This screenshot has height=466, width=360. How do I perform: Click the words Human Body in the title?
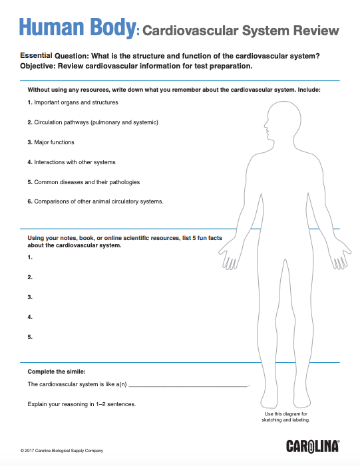click(77, 28)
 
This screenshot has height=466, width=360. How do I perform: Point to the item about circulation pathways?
click(92, 122)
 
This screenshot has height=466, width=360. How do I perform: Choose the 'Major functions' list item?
click(51, 142)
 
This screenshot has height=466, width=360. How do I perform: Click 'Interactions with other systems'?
click(71, 162)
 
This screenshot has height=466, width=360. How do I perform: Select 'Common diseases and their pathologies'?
click(83, 182)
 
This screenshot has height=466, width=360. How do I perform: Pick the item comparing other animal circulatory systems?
click(95, 201)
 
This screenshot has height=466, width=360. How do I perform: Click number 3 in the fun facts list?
click(30, 297)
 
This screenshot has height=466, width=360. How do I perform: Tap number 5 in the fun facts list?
click(30, 337)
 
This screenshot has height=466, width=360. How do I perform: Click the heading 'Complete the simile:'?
click(57, 370)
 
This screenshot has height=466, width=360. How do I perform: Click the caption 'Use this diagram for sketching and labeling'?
click(285, 417)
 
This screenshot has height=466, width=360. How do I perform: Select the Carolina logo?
click(313, 445)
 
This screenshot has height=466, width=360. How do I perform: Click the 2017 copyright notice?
click(62, 450)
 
